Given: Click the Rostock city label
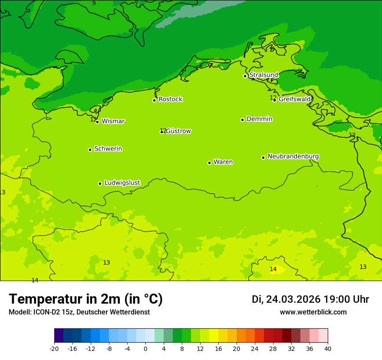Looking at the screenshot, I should click(x=170, y=99).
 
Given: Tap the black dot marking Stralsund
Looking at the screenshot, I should click(x=245, y=76).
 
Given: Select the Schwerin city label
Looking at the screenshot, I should click(x=108, y=149).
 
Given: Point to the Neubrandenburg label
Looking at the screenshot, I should click(x=293, y=157).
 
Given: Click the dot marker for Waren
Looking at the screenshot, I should click(x=209, y=163).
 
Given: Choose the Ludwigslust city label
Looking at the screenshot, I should click(x=122, y=183).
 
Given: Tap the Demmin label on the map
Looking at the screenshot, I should click(x=259, y=119).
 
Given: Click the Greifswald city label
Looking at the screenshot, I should click(x=295, y=99).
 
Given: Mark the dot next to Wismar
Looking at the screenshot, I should click(x=98, y=122).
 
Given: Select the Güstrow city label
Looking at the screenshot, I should click(x=178, y=131).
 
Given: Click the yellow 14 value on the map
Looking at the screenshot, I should click(x=273, y=269).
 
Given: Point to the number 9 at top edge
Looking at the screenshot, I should click(x=94, y=3).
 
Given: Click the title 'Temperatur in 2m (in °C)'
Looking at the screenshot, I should click(x=86, y=299).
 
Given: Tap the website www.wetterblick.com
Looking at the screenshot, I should click(x=313, y=312).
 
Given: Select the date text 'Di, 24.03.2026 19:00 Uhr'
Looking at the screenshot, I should click(x=310, y=299).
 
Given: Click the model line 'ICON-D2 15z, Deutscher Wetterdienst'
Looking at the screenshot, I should click(x=79, y=312).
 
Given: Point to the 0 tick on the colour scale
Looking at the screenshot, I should click(x=145, y=349).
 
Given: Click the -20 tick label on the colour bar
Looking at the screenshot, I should click(x=54, y=349).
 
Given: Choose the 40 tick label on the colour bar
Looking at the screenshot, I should click(x=328, y=349).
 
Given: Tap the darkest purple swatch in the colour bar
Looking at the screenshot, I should click(x=59, y=336).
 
